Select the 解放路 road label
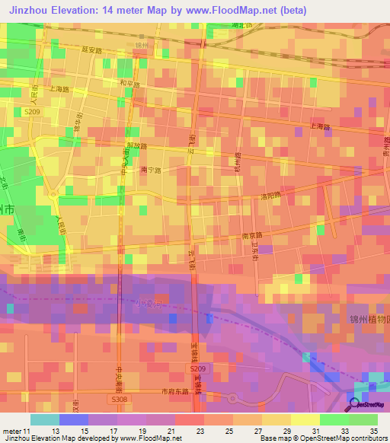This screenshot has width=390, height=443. [137, 145]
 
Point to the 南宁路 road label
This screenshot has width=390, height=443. [151, 171]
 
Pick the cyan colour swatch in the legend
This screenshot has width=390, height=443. [45, 419]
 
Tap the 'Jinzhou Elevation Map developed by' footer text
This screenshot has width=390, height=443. [53, 438]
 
